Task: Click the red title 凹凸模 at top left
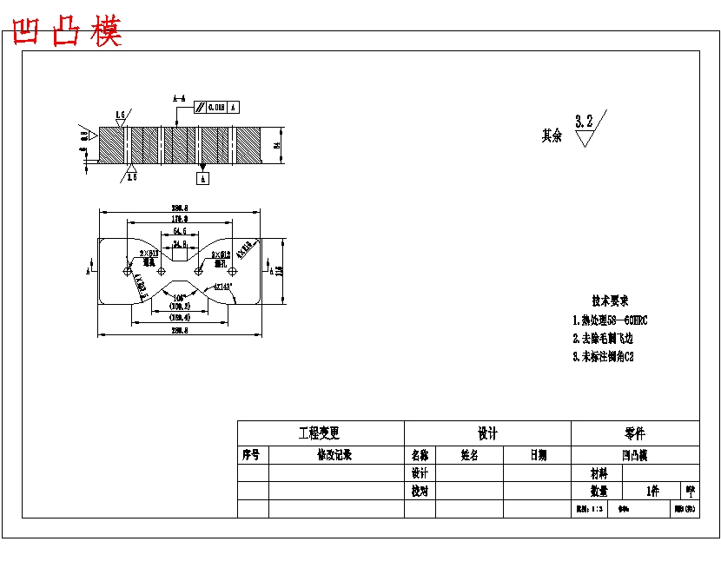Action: (x=67, y=32)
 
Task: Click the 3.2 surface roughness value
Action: (x=584, y=121)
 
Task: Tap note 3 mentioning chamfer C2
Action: (x=602, y=356)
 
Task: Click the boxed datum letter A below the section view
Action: (x=203, y=179)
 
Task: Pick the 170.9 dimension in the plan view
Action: (x=180, y=220)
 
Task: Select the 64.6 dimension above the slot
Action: (x=180, y=233)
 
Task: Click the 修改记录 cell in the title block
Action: (x=335, y=455)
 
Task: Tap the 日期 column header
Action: (x=537, y=455)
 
